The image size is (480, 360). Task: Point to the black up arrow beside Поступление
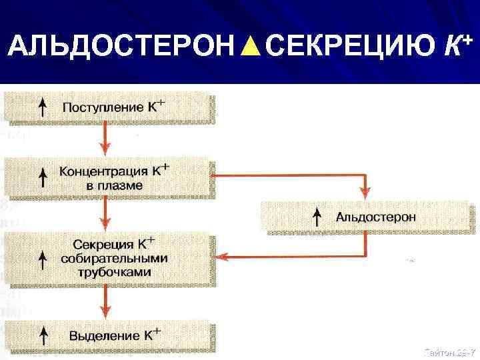pyautogui.click(x=43, y=107)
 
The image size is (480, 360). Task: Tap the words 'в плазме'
pyautogui.click(x=115, y=185)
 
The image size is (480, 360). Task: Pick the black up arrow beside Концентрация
pyautogui.click(x=43, y=177)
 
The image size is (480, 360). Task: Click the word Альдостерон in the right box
pyautogui.click(x=377, y=216)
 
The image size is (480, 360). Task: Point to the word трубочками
pyautogui.click(x=114, y=272)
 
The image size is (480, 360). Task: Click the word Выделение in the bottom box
pyautogui.click(x=102, y=335)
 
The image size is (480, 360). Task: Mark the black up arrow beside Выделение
pyautogui.click(x=43, y=334)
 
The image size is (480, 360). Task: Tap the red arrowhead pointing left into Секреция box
pyautogui.click(x=225, y=256)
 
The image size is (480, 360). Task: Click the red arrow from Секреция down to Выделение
pyautogui.click(x=104, y=303)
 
